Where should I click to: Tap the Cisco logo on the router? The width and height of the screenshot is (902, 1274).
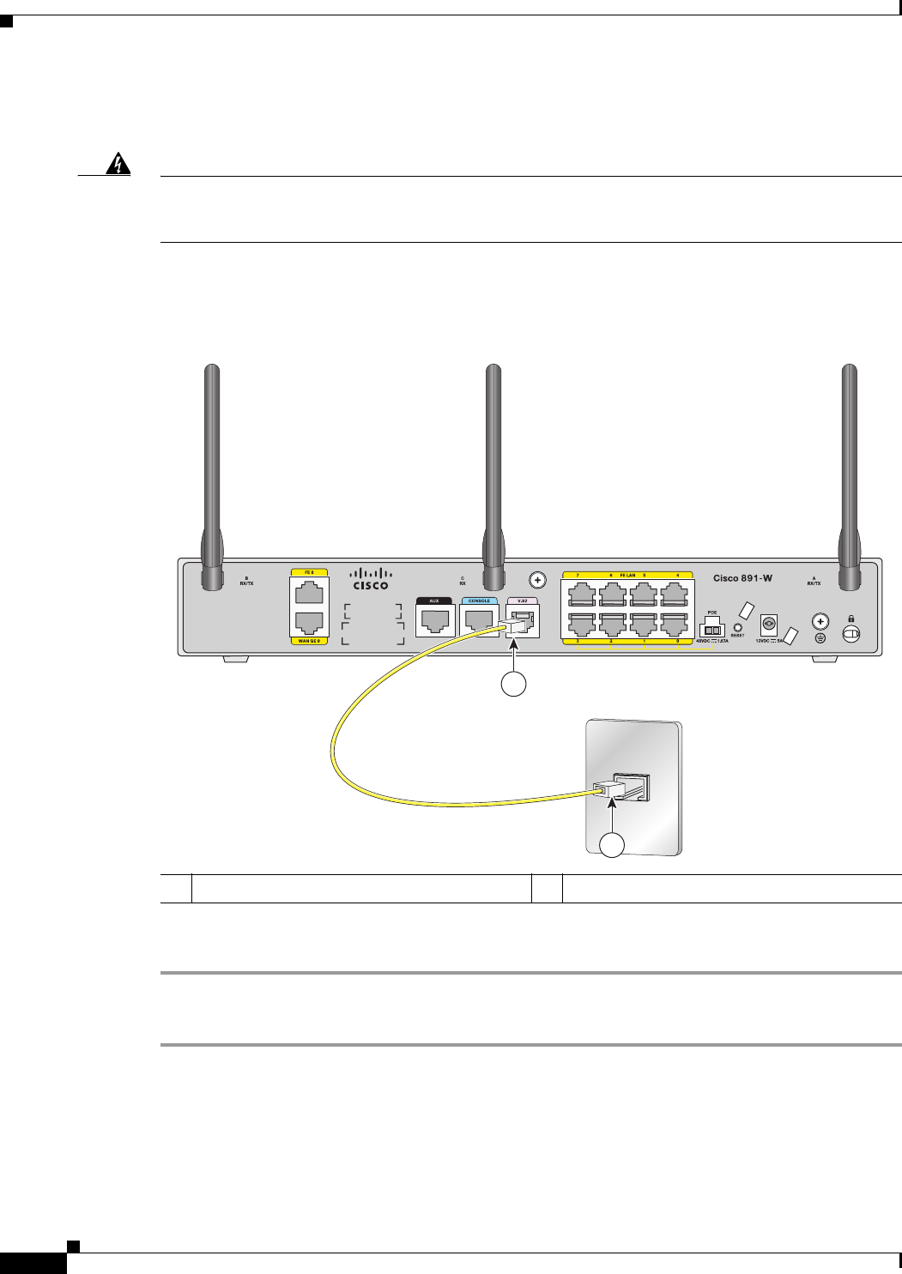[371, 579]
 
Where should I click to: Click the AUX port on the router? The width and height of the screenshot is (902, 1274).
[435, 620]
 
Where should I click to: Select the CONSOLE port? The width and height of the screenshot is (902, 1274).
[479, 620]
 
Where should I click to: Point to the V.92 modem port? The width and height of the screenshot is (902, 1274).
[523, 619]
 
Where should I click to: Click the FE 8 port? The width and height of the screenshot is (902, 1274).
[309, 593]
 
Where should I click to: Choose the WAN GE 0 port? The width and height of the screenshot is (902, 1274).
[309, 622]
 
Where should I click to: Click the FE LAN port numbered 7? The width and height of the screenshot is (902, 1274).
[581, 595]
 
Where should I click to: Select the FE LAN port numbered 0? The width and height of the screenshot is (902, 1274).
[675, 624]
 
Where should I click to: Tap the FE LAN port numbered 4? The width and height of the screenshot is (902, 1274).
[675, 595]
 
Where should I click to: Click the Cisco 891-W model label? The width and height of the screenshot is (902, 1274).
[742, 578]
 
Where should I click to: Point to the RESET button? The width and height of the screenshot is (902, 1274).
[737, 628]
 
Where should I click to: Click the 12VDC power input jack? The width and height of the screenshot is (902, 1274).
[769, 624]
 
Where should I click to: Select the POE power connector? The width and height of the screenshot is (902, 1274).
[712, 628]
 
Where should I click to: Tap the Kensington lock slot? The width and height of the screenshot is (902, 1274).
[851, 633]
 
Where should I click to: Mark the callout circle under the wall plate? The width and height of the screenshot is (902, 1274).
[611, 845]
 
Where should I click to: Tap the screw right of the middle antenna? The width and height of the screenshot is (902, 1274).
[538, 580]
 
